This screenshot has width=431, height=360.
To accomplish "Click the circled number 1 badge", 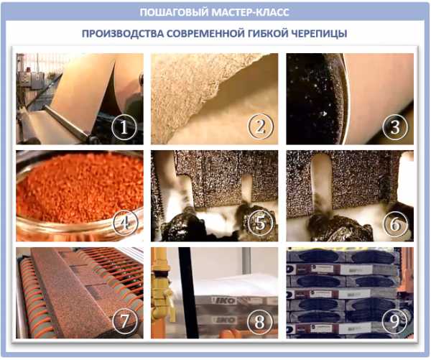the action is tap(124, 126).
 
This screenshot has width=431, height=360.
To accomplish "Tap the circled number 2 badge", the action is tap(260, 126).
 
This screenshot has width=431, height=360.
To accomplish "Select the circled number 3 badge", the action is tap(395, 126).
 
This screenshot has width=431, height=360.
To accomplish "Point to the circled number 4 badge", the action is tap(126, 223).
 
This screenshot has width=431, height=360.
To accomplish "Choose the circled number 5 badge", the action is tap(260, 223).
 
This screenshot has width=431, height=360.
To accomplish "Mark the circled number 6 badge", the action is tap(396, 223).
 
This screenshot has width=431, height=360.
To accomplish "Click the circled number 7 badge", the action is tap(124, 320).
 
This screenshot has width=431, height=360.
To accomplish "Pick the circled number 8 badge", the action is tap(260, 320).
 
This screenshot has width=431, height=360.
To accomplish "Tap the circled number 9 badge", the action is tap(394, 320).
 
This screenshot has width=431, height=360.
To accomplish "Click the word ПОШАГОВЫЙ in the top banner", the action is tap(174, 12).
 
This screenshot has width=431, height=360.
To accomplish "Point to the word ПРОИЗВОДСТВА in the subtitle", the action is tap(122, 34).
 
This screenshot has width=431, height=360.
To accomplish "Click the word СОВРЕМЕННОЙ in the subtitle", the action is tap(205, 34).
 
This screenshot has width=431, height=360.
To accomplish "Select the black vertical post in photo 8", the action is tap(188, 292).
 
